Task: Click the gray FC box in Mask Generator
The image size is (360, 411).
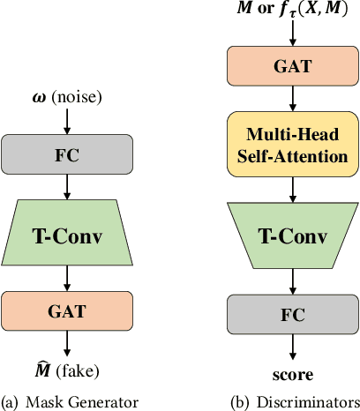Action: coord(68,156)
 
